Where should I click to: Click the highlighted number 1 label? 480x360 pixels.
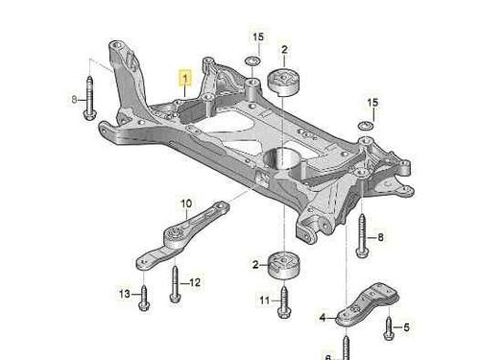coord(185,78)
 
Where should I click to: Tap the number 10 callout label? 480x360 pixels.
coord(186,204)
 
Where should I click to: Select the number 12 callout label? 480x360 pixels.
coord(195,282)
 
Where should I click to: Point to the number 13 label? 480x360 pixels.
coord(125,294)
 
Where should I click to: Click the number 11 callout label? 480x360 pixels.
coord(265,300)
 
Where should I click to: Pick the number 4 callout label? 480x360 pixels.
coord(323,318)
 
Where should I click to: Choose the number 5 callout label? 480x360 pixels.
coord(406,327)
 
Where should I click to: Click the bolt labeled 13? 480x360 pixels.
coord(144,299)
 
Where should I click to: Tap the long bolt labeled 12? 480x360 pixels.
coord(176,284)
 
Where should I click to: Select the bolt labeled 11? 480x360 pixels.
coord(284,302)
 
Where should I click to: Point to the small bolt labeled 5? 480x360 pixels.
coord(389,328)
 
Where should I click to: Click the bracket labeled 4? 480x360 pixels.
coord(368,304)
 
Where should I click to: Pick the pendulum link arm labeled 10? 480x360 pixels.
coord(180,236)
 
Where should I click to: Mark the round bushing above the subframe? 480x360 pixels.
coord(284,82)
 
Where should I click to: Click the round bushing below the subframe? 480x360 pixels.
coord(284,265)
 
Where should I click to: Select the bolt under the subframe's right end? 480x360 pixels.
coord(362,236)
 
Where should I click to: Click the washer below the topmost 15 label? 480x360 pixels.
coord(252,60)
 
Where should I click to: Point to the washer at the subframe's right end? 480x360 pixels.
coord(366,127)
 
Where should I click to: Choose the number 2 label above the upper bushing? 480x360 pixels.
coord(284,50)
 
